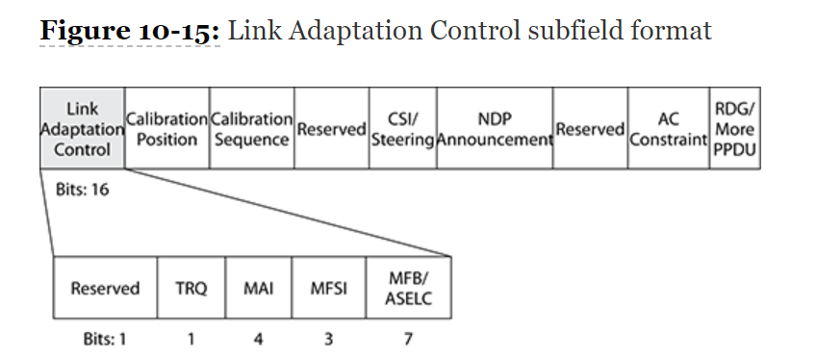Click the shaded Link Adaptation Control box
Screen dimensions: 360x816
click(x=82, y=129)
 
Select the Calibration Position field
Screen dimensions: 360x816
click(x=166, y=129)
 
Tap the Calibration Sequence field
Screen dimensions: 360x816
click(x=251, y=129)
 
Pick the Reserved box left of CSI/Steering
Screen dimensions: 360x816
click(x=332, y=129)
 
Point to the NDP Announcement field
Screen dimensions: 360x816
click(x=495, y=129)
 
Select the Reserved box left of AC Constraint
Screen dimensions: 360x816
click(x=591, y=129)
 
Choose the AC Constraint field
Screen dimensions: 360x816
click(x=669, y=129)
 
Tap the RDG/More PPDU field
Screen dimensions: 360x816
click(x=735, y=129)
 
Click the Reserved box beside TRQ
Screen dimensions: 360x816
click(x=105, y=288)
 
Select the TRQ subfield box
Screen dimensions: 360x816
click(x=191, y=288)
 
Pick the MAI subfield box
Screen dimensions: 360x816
click(x=258, y=288)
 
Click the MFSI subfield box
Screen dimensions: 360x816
click(x=328, y=288)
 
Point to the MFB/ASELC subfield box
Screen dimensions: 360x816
click(x=408, y=288)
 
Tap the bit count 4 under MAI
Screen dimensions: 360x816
click(x=258, y=338)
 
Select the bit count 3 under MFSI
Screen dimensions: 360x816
click(x=328, y=338)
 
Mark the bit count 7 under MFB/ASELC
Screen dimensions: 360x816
click(x=408, y=338)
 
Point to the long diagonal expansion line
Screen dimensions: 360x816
click(x=289, y=213)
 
